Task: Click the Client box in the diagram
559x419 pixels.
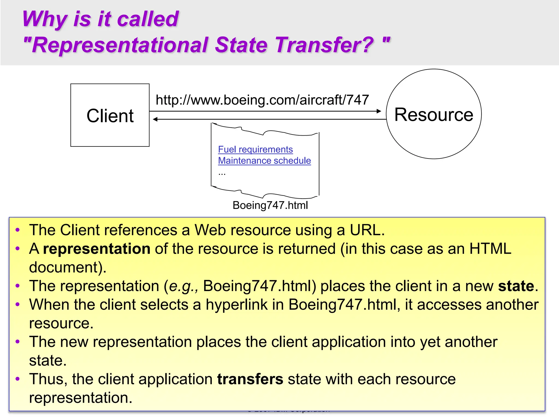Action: (x=110, y=115)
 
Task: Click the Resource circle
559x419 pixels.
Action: (x=434, y=114)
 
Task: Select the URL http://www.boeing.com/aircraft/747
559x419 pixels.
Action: (x=262, y=100)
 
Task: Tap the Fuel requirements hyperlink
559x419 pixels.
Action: (x=255, y=149)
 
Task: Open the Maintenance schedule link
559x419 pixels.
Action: (x=264, y=161)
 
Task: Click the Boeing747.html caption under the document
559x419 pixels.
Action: (x=270, y=205)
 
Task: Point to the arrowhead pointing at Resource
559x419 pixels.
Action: (x=379, y=111)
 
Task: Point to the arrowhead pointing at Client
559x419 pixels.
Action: (x=155, y=119)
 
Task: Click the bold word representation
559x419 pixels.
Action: (x=97, y=249)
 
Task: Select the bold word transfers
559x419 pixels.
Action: (x=250, y=379)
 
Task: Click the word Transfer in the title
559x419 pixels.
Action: (x=324, y=45)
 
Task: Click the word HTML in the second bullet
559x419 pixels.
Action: (x=490, y=249)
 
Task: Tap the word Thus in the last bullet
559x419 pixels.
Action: (x=46, y=379)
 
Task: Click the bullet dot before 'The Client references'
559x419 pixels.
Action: (x=18, y=230)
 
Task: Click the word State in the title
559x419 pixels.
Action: (x=241, y=45)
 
